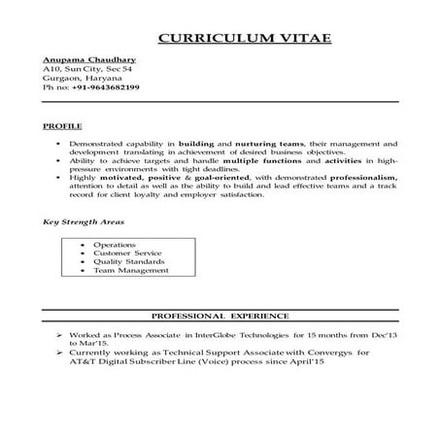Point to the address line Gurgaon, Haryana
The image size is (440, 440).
(82, 79)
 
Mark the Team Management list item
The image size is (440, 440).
(131, 270)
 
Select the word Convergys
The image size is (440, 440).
(325, 352)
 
